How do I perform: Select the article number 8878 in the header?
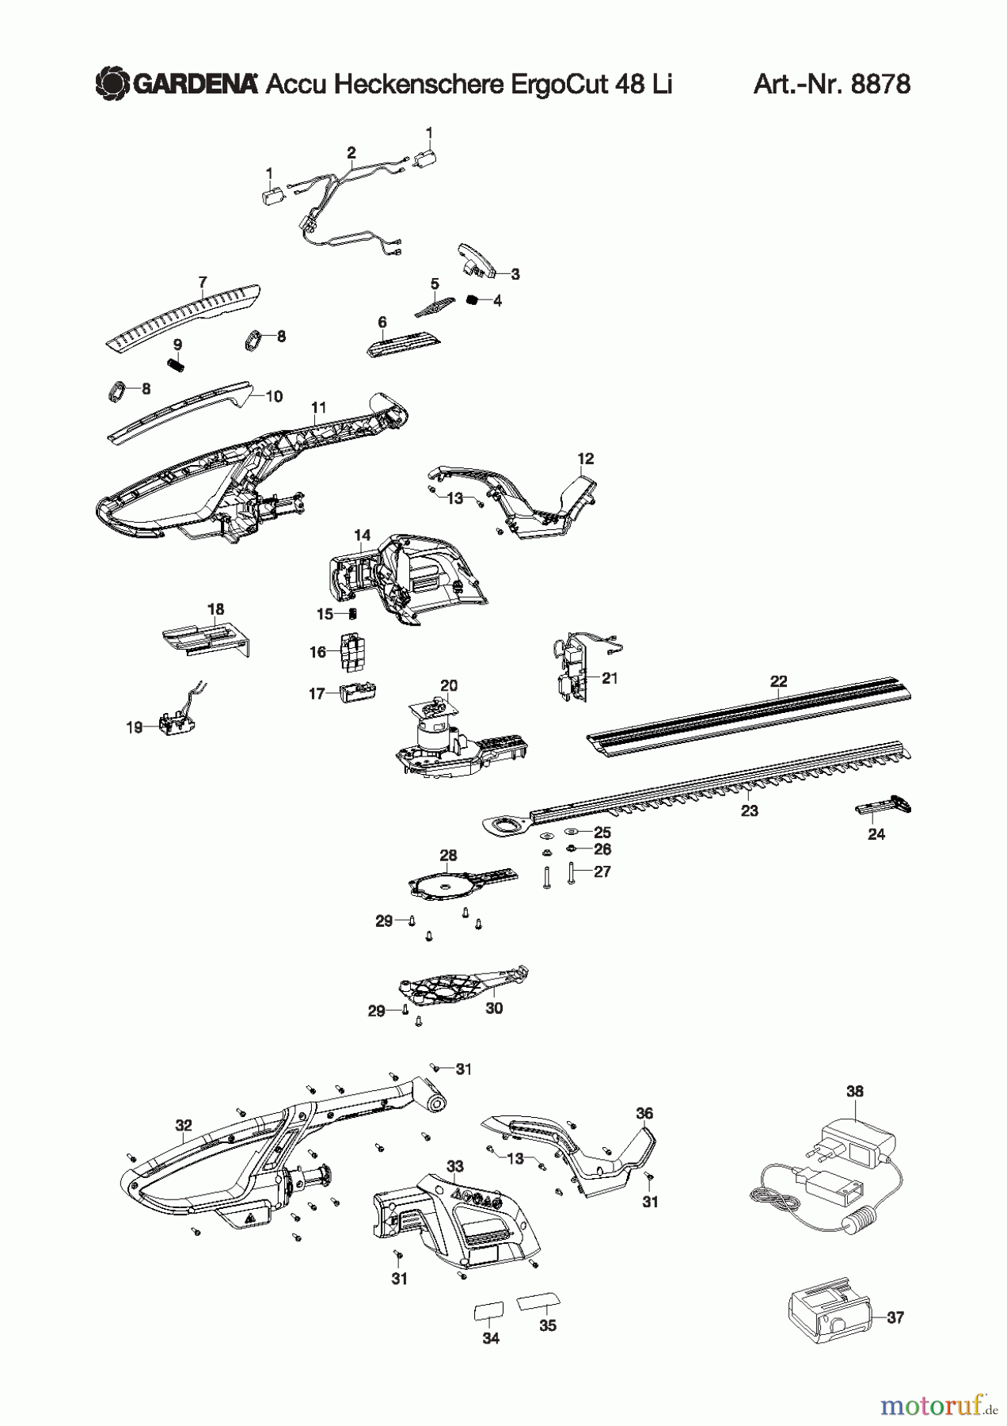[x=880, y=83]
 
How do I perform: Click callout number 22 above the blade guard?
[x=778, y=681]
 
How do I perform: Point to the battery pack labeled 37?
[x=830, y=1318]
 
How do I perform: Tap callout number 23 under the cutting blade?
[x=749, y=810]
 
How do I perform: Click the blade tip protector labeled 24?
[x=884, y=808]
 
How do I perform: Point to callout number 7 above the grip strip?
[x=203, y=282]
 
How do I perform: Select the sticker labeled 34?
[x=487, y=1311]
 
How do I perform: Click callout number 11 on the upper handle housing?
[x=318, y=408]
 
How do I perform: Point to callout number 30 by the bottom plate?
[x=494, y=1008]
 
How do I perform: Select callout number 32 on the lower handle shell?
[x=184, y=1125]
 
